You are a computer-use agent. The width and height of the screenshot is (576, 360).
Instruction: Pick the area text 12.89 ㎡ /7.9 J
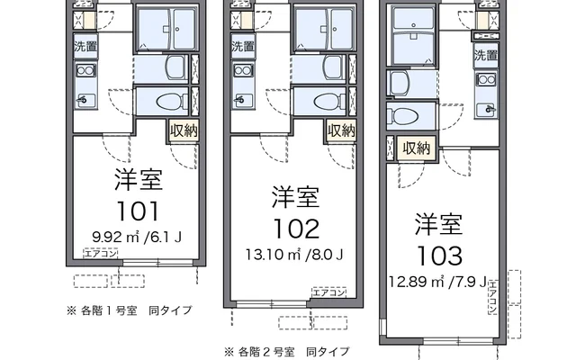[x=438, y=282]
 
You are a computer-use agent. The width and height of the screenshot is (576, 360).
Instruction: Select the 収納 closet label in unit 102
[x=341, y=130]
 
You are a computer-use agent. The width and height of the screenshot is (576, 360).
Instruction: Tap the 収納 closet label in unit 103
[x=417, y=148]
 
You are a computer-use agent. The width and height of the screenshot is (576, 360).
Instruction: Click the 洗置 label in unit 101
[x=86, y=45]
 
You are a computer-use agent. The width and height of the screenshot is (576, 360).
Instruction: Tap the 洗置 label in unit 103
[x=487, y=55]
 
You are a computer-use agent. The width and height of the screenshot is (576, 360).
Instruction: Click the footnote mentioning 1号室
[x=129, y=310]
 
